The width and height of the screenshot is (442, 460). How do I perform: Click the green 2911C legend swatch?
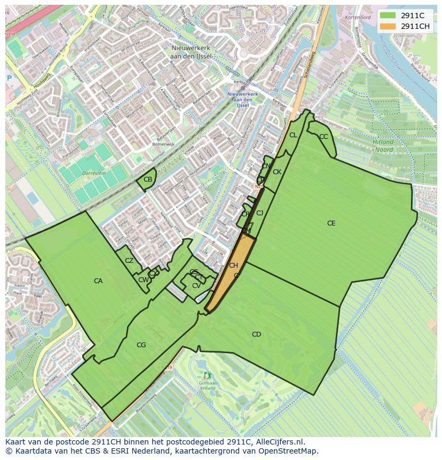click(x=388, y=15)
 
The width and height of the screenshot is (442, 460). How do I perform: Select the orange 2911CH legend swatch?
click(x=388, y=26)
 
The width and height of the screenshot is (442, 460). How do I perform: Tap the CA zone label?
click(x=98, y=281)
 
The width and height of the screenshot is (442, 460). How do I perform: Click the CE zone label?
click(x=331, y=223)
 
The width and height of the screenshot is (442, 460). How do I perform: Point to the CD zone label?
click(x=256, y=334)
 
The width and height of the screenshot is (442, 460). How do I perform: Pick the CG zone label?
click(x=141, y=345)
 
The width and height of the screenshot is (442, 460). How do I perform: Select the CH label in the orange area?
click(x=233, y=266)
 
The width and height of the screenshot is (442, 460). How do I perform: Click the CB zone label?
click(x=148, y=180)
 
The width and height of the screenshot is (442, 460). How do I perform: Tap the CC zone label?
click(x=323, y=137)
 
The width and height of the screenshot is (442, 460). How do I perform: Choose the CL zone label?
click(x=293, y=135)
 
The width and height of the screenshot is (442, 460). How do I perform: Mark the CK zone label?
click(x=277, y=172)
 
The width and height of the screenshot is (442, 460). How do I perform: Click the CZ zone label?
click(x=129, y=261)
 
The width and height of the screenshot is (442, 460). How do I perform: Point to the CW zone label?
click(x=143, y=280)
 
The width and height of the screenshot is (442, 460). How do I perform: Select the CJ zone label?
click(x=260, y=213)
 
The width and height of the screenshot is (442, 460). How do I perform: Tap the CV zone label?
click(x=196, y=286)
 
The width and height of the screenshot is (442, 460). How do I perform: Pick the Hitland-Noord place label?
click(x=383, y=146)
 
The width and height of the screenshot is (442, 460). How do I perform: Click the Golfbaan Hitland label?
click(x=208, y=386)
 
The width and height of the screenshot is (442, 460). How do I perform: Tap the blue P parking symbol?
click(x=9, y=78)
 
